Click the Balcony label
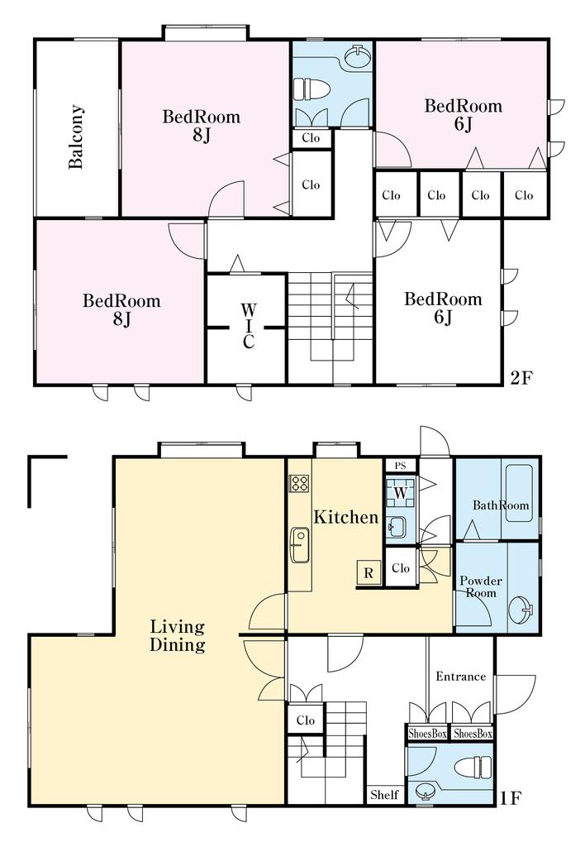click(x=76, y=137)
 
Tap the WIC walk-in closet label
click(x=248, y=326)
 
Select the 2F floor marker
click(x=521, y=377)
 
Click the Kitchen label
click(x=346, y=517)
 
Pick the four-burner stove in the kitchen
click(x=299, y=483)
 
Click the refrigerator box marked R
click(x=369, y=572)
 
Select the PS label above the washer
click(x=400, y=466)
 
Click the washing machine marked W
click(x=401, y=493)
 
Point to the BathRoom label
click(x=501, y=505)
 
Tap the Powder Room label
click(x=481, y=586)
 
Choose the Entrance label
click(x=461, y=677)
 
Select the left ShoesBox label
click(x=427, y=734)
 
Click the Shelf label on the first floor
click(x=384, y=795)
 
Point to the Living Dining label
click(x=178, y=636)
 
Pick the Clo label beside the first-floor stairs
click(x=306, y=720)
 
